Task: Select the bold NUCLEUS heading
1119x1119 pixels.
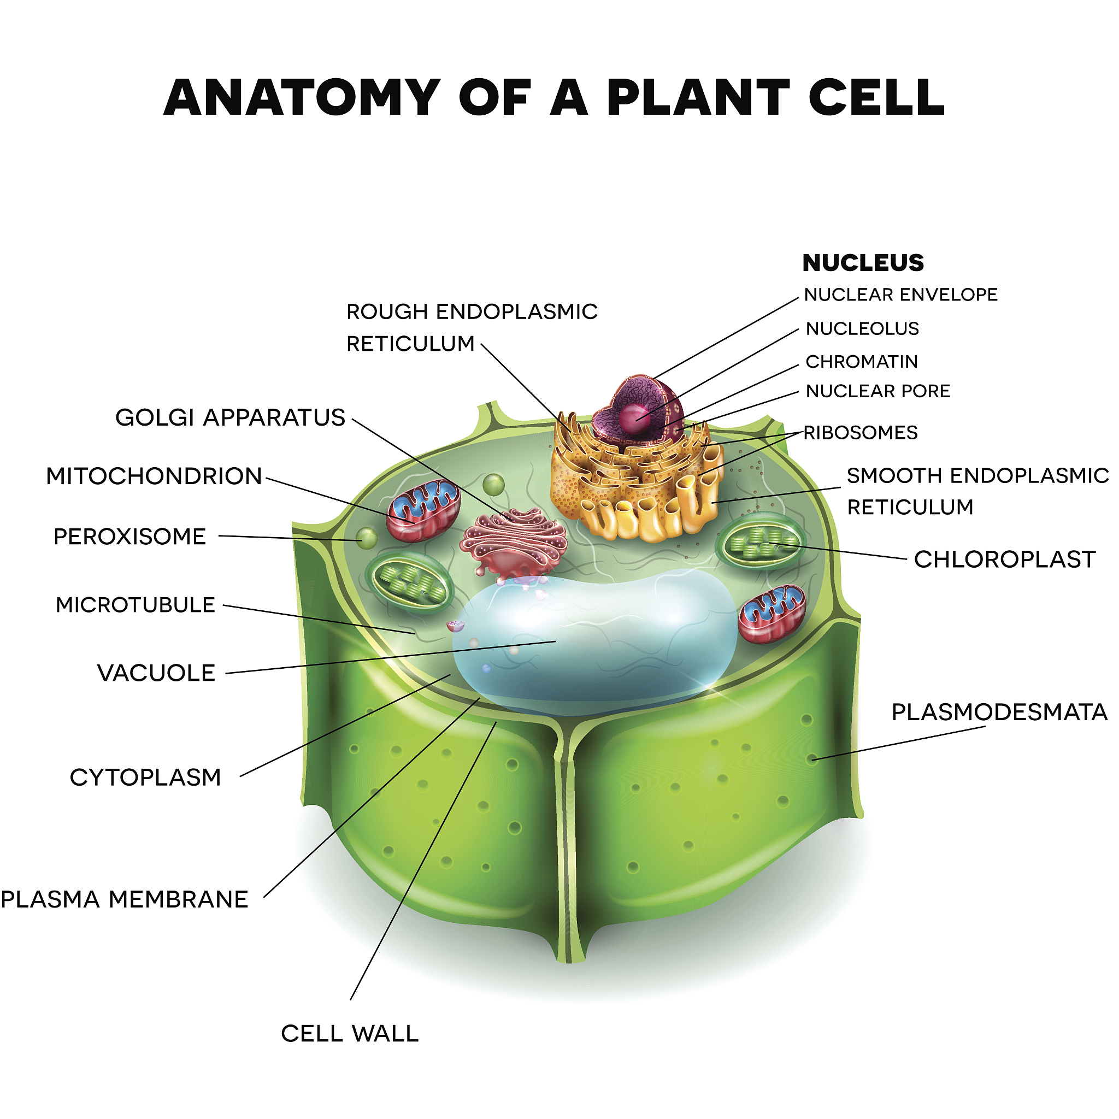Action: coord(863,263)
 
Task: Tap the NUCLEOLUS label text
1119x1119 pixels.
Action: coord(862,329)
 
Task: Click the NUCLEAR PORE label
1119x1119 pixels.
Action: coord(878,392)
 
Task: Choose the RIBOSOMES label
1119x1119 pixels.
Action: coord(861,433)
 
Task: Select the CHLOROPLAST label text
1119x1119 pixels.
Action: coord(1004,559)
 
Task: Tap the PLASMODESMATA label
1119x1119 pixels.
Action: coord(999,712)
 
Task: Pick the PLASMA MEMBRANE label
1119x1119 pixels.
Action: coord(125,899)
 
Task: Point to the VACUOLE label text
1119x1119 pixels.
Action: coord(156,673)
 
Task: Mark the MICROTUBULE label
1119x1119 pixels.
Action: coord(136,605)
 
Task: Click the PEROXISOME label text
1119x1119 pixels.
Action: coord(129,537)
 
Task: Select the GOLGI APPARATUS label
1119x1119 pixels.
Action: coord(231,417)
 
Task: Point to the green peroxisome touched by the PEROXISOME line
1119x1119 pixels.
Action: coord(366,539)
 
